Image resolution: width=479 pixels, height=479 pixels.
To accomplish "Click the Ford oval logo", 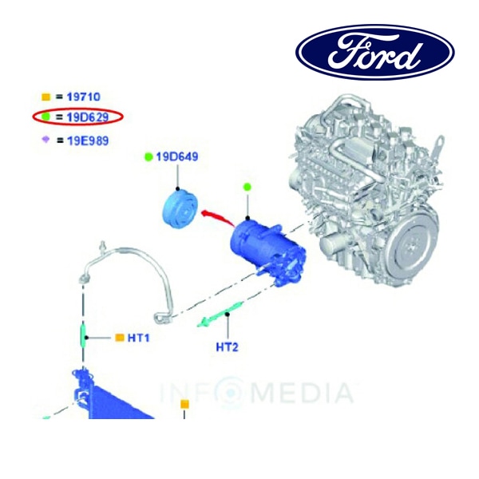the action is click(x=375, y=52).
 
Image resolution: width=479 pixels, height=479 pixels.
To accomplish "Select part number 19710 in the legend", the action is click(x=83, y=97).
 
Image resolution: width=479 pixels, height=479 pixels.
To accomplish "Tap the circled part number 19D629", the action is click(x=88, y=117).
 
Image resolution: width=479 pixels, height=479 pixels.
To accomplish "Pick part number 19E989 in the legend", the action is click(x=88, y=141).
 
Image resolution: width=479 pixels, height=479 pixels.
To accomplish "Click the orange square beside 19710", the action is click(x=46, y=97).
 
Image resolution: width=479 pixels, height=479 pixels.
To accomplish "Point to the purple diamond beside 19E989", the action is click(x=46, y=140).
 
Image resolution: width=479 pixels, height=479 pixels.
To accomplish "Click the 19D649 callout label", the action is click(x=177, y=156).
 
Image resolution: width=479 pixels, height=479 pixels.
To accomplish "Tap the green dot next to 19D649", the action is click(x=148, y=157).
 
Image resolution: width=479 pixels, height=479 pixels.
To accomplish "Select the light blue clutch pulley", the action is click(x=180, y=208).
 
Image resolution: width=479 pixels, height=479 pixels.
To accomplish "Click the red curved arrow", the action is click(x=219, y=216).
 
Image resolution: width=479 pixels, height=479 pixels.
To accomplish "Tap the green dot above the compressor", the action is click(x=247, y=186).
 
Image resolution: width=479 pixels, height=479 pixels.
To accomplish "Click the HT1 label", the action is click(x=138, y=338).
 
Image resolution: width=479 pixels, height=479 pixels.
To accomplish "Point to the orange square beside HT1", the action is click(x=120, y=338).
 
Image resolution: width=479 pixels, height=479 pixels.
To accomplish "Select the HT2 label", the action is click(x=227, y=347).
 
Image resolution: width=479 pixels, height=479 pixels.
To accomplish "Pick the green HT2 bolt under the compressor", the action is click(x=220, y=314).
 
